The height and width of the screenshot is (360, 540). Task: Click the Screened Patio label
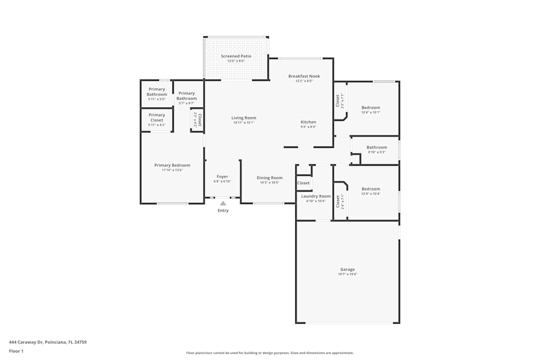(236, 56)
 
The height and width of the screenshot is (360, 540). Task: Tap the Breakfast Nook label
(304, 76)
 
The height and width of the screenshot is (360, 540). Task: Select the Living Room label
(244, 118)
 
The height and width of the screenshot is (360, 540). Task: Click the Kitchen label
(308, 122)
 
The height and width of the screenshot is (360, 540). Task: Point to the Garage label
(347, 269)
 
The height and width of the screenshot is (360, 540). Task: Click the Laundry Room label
(316, 196)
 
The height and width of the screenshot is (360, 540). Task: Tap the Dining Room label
(269, 178)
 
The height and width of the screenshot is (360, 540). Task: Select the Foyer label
(222, 176)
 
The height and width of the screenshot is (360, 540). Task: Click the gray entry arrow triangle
(223, 203)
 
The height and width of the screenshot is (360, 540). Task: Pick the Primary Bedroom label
(172, 165)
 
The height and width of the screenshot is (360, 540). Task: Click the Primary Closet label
(157, 117)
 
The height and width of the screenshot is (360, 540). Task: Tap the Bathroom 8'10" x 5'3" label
(376, 147)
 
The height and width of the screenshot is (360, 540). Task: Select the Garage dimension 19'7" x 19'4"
(347, 274)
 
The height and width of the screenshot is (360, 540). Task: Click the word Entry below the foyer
(223, 210)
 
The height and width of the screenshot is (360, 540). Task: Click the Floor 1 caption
(16, 351)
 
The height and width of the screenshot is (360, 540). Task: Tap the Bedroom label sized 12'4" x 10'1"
(370, 107)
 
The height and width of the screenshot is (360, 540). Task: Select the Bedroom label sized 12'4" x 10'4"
(370, 189)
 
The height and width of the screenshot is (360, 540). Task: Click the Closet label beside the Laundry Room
(303, 183)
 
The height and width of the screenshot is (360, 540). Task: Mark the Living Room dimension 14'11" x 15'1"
(244, 123)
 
